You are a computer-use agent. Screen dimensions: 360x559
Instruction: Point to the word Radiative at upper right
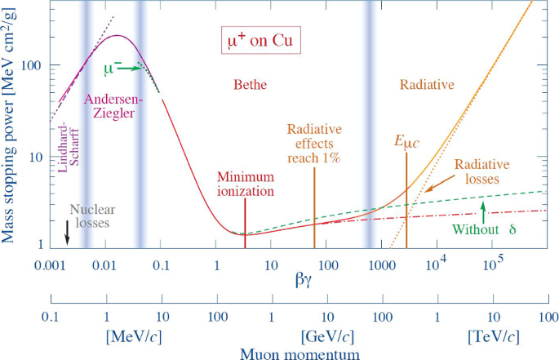pyautogui.click(x=427, y=84)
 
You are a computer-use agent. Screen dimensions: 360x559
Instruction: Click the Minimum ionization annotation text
pyautogui.click(x=246, y=184)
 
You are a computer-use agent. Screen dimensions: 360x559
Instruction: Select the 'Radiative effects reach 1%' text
pyautogui.click(x=314, y=144)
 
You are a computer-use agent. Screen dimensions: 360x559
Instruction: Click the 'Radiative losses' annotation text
pyautogui.click(x=481, y=172)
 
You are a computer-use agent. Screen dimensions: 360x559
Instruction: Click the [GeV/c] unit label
pyautogui.click(x=326, y=336)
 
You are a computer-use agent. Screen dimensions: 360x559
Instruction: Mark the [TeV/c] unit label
pyautogui.click(x=492, y=336)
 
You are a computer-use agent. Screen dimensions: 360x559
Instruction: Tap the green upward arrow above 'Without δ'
pyautogui.click(x=484, y=212)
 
